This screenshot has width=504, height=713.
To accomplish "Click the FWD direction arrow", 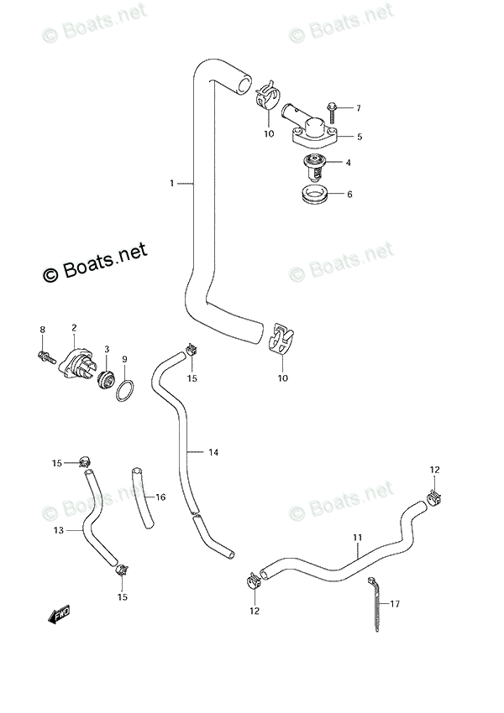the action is [59, 614].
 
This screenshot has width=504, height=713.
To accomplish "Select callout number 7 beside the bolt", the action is [359, 108].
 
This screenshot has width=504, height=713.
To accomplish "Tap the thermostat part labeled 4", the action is [312, 167].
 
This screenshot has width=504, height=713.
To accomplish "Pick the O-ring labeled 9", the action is [125, 391].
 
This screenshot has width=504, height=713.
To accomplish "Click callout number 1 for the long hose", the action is [171, 183].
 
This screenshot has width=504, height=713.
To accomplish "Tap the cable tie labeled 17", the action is [375, 604].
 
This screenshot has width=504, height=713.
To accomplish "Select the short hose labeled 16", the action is [143, 498].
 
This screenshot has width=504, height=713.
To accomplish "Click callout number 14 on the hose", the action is [213, 452].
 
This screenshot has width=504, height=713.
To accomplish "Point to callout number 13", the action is [59, 530].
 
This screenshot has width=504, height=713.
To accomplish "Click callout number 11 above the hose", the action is [357, 538].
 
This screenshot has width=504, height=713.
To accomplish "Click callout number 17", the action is [395, 603].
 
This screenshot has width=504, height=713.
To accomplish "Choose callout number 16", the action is [160, 497].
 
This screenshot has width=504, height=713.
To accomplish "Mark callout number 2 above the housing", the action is [74, 327].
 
